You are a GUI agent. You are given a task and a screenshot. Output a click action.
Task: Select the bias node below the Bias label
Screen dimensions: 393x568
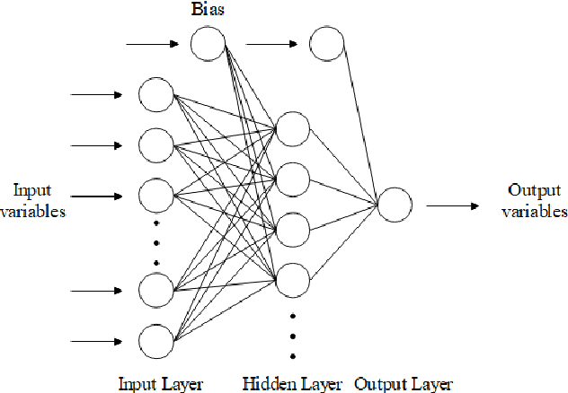coord(208,42)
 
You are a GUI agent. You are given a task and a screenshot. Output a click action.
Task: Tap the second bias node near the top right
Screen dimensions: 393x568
coord(325,42)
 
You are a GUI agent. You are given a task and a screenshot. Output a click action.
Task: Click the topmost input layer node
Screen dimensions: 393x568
coord(155,93)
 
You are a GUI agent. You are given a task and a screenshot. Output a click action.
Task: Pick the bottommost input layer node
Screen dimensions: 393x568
coord(155,341)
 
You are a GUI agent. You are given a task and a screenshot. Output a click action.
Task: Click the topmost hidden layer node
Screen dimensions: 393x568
coord(293,128)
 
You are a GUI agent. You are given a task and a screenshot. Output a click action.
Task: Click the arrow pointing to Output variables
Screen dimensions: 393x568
coord(451,205)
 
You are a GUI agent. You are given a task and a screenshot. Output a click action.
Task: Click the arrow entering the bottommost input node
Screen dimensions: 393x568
coord(97,341)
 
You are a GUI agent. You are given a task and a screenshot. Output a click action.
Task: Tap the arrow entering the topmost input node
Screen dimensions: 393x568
coord(97,93)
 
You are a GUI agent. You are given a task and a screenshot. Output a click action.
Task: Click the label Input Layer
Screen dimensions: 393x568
coord(161,384)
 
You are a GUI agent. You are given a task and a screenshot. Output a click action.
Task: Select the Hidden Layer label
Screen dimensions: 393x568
coord(292,384)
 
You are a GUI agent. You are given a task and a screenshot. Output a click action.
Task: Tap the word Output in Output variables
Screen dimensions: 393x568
coord(529,190)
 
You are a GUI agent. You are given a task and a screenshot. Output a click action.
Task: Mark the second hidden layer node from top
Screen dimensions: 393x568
coord(293,179)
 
